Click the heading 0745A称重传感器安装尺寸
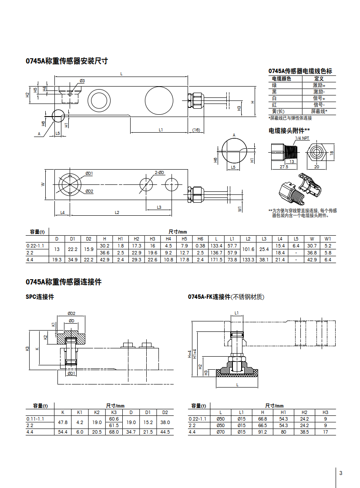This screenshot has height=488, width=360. (x=67, y=61)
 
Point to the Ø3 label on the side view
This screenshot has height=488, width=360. (x=82, y=81)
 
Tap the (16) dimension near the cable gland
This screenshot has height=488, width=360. (x=196, y=130)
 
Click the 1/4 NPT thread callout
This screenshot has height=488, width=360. (x=302, y=138)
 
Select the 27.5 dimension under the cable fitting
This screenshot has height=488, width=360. (x=284, y=167)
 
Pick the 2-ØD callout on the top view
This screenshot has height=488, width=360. (x=160, y=173)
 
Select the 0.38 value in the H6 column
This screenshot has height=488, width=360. (x=200, y=246)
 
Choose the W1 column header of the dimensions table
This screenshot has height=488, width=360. (x=328, y=239)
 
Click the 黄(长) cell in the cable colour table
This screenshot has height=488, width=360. (x=278, y=111)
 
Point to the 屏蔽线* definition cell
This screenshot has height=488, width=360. (x=319, y=111)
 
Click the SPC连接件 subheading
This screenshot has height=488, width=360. (x=40, y=297)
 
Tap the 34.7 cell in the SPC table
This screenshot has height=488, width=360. (x=131, y=432)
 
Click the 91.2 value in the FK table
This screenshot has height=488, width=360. (x=262, y=432)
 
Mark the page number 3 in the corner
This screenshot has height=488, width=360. (x=341, y=473)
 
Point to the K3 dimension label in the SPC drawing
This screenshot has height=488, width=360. (x=27, y=348)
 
